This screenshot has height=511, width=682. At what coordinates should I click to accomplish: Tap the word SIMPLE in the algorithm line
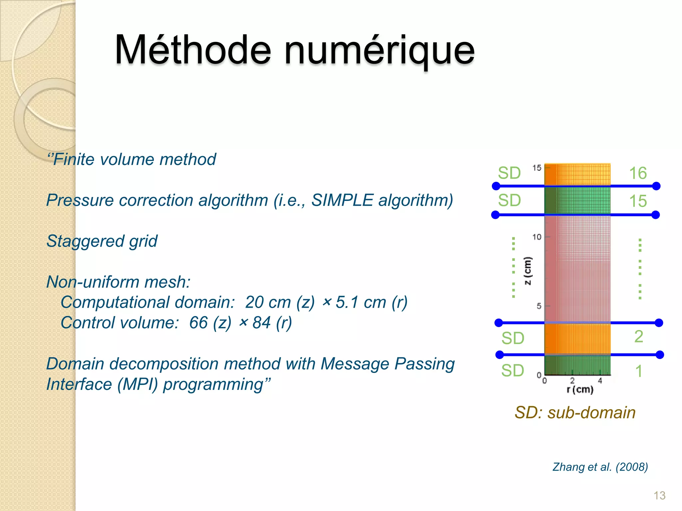coord(342,200)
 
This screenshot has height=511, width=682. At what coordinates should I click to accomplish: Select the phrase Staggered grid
coord(102,241)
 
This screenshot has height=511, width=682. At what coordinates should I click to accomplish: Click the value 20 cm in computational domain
coord(267,302)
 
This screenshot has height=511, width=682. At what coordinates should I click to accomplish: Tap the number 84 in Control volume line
coord(261,322)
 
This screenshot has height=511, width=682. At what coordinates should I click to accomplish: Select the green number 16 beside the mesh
coord(638,173)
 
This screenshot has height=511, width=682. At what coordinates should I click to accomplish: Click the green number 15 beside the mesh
coord(638,201)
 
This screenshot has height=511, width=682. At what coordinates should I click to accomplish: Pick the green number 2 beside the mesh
coord(638,336)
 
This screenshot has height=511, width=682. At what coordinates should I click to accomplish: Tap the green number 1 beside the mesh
coord(638,371)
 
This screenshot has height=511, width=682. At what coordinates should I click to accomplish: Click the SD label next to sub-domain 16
coord(509,173)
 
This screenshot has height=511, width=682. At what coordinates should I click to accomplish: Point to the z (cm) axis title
coord(527,271)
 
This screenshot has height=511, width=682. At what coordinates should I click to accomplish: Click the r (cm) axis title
coord(580,389)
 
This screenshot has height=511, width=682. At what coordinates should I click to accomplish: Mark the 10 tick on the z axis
coord(536,237)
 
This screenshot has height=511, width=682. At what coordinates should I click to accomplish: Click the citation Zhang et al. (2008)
coord(600,467)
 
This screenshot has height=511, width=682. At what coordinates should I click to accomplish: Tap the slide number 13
coord(659,495)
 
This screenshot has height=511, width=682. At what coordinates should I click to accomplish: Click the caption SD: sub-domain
coord(575,413)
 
